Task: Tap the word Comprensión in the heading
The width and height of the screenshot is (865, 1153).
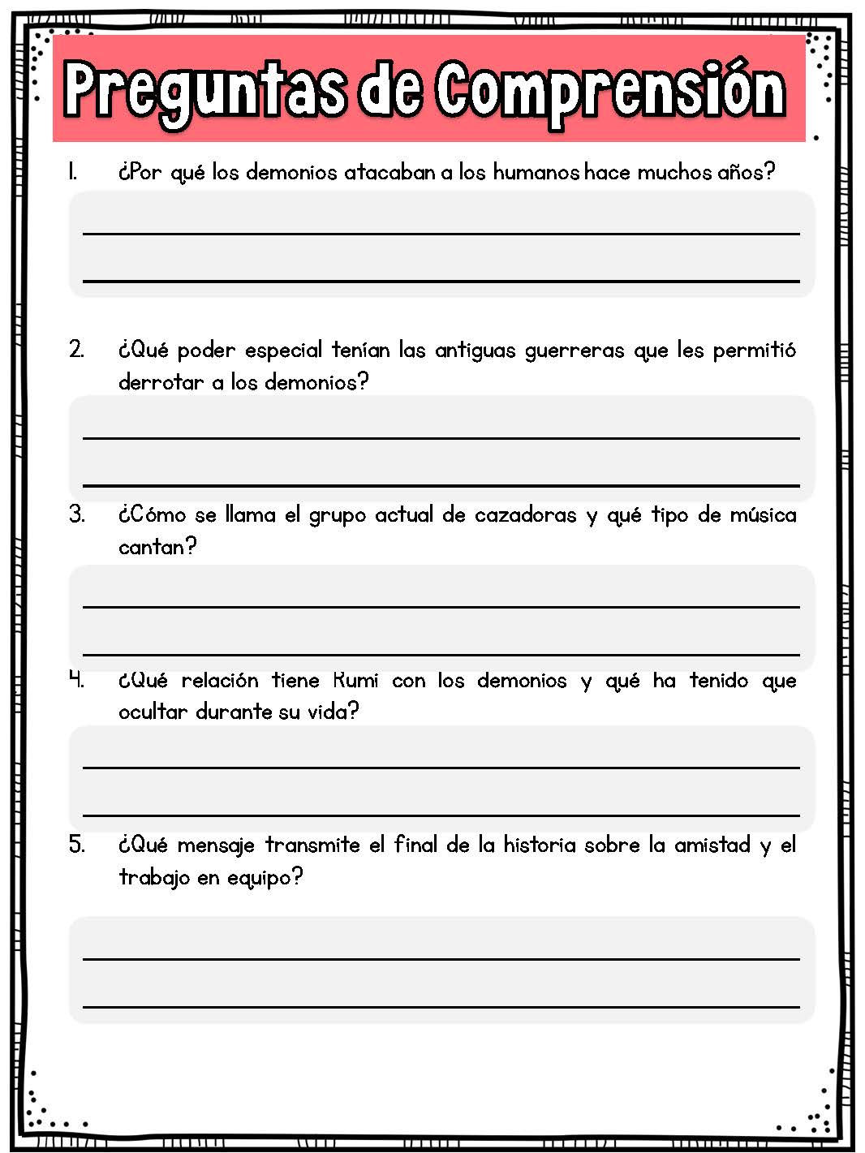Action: point(610,89)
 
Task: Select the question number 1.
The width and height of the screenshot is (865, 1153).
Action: point(73,172)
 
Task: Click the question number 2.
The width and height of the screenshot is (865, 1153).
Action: point(76,350)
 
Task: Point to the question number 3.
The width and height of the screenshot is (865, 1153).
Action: point(76,514)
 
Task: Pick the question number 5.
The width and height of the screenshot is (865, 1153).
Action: point(76,845)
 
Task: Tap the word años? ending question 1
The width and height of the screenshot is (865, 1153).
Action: point(747,172)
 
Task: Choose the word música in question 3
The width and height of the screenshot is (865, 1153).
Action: point(762,514)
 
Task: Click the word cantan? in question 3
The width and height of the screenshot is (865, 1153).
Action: point(157,547)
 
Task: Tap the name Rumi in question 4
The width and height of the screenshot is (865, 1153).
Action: point(355,680)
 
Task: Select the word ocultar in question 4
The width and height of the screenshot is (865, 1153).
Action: point(153,712)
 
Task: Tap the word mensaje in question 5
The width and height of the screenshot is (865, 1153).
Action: point(213,845)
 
